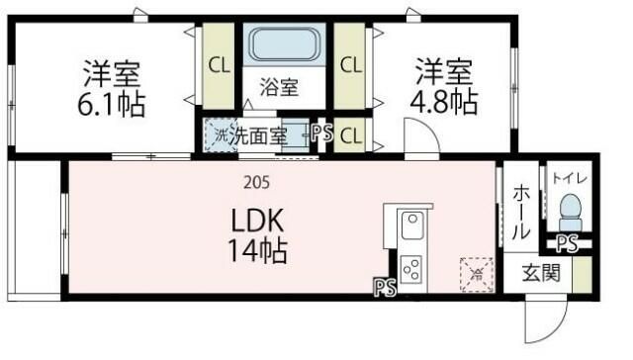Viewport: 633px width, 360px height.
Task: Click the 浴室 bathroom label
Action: (x=278, y=86)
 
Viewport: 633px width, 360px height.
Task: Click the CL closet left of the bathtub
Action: (x=218, y=65)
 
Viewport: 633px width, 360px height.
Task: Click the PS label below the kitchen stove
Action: (x=384, y=288)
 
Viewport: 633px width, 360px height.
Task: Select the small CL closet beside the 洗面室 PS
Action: (x=349, y=135)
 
